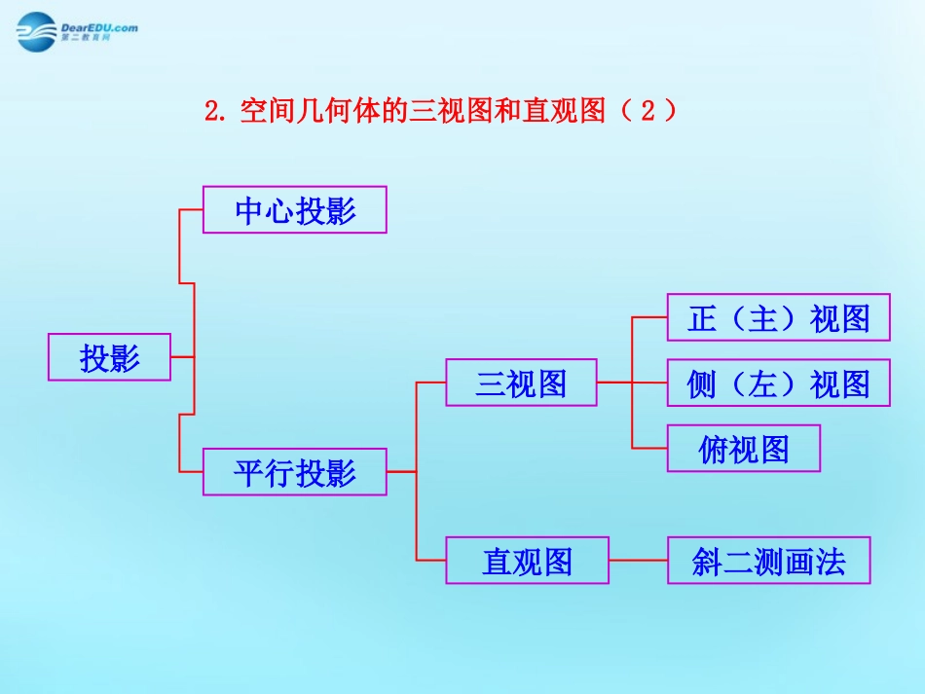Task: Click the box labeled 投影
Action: point(109,357)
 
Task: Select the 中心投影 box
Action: point(294,210)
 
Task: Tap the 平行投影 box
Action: point(294,473)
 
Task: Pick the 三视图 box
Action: point(521,383)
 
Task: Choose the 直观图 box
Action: point(527,561)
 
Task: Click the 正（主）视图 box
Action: point(778,317)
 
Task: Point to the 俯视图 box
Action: point(743,449)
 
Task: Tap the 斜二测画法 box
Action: point(768,561)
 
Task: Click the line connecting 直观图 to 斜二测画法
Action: point(638,561)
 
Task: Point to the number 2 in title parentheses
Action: point(647,110)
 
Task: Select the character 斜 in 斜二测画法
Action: point(707,562)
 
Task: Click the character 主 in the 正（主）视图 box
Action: point(763,318)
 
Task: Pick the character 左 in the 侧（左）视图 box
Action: point(763,384)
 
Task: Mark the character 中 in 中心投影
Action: point(249,211)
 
